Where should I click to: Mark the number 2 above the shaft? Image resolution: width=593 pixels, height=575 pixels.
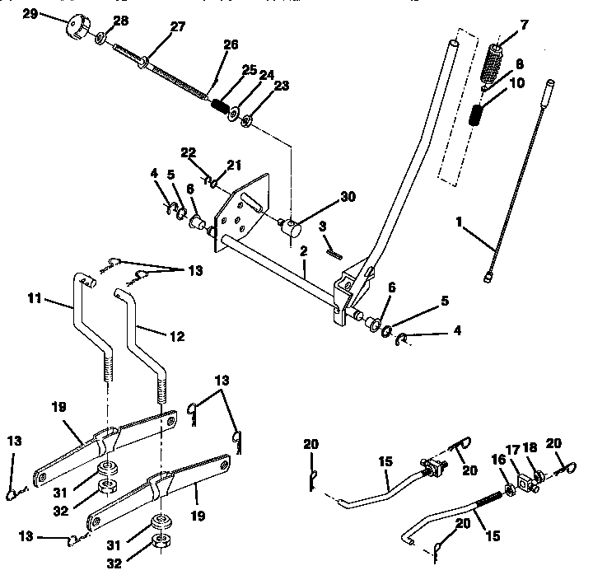[x=304, y=250]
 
